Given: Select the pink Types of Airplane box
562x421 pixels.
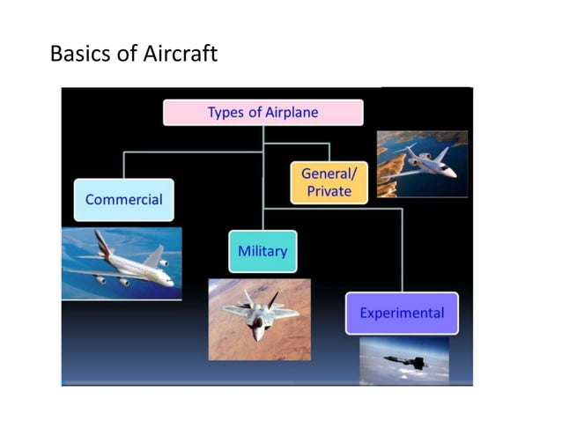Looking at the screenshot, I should (263, 113).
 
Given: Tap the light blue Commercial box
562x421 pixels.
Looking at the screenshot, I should (123, 200).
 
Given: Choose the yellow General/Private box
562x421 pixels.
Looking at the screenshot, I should (329, 182).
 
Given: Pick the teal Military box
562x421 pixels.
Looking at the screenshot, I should (263, 252).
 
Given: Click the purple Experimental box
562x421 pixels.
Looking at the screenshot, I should (402, 313).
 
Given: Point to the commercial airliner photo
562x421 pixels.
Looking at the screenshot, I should (122, 263).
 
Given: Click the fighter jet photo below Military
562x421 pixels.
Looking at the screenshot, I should (259, 319).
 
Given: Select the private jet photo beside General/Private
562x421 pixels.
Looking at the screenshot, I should (422, 164).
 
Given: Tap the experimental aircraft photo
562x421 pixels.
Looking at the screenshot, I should (403, 360).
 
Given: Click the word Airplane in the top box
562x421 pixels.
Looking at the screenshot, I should (292, 113).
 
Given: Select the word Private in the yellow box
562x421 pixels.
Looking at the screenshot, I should (329, 191).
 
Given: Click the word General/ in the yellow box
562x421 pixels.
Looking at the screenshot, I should (329, 174).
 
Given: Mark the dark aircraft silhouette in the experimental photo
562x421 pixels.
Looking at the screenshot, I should (406, 361).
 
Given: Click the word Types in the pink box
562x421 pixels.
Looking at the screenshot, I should (226, 113).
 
